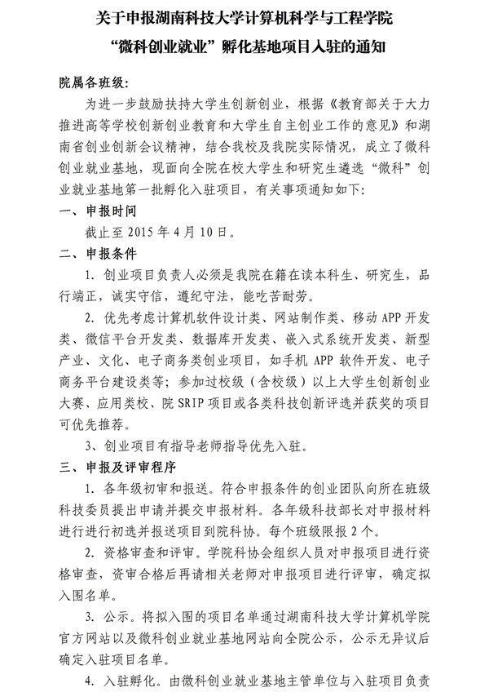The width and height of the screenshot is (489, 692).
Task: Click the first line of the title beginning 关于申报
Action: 244,17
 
